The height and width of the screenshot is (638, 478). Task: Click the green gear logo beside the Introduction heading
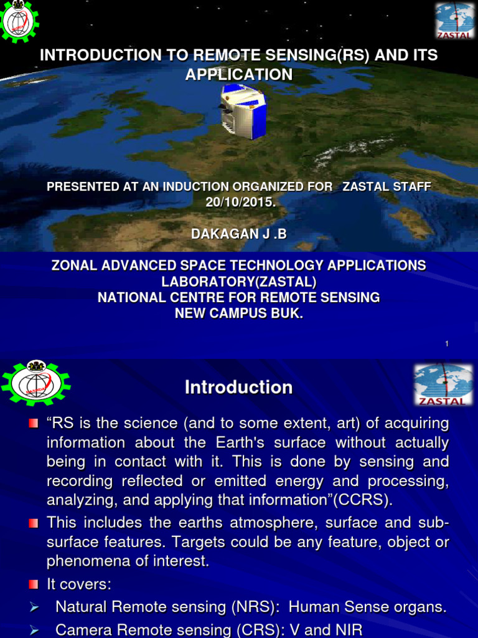pos(35,383)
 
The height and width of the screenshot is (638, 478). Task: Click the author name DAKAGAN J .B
pos(239,233)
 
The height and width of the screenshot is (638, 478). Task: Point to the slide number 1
pos(447,344)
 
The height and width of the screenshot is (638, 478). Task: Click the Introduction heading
pos(238,388)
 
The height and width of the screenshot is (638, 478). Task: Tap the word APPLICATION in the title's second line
pos(239,74)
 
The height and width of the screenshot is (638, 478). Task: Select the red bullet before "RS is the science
pos(34,424)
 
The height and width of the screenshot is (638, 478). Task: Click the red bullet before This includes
pos(34,523)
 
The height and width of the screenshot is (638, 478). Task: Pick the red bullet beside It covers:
pos(34,584)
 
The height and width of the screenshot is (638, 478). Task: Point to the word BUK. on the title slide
pos(289,313)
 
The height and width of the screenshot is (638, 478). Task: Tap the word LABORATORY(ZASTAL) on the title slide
pos(239,282)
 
